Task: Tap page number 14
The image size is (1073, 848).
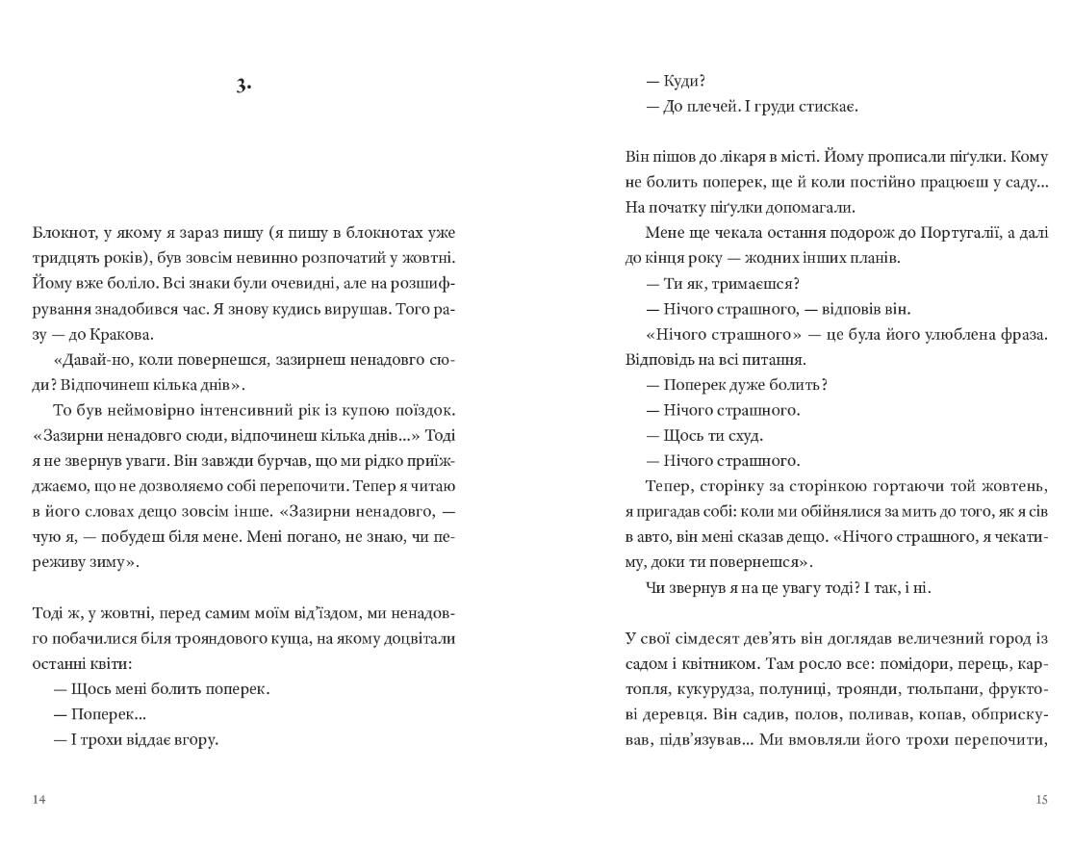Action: (x=38, y=800)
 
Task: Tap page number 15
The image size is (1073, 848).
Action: (x=1040, y=800)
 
